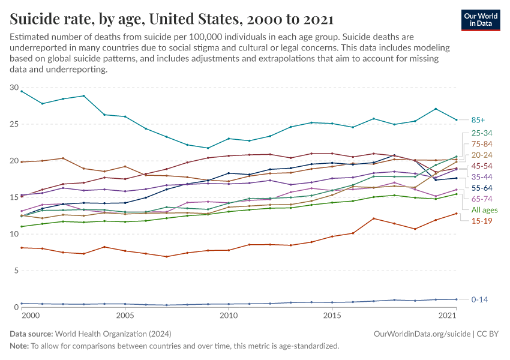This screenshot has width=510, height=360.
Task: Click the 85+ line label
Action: pos(478,120)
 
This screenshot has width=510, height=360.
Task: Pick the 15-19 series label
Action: pos(481,221)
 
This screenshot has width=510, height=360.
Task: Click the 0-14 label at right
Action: pos(479,299)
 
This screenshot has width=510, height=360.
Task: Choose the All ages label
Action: pos(484,209)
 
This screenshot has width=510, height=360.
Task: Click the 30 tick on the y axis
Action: pos(14,88)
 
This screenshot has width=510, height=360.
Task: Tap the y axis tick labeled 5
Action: pos(16,271)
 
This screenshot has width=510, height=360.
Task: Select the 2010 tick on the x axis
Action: pos(228,316)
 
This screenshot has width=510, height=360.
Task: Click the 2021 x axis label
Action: pos(448,316)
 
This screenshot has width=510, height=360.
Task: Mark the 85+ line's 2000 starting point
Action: pos(22,91)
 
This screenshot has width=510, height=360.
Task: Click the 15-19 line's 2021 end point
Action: pos(456,213)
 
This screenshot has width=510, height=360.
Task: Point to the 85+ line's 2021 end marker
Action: pos(456,119)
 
